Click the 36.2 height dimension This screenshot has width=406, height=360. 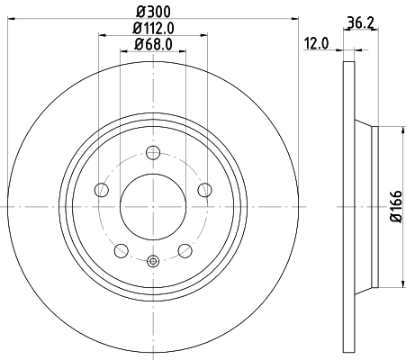pos(359,26)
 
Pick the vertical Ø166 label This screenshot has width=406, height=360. pos(394,207)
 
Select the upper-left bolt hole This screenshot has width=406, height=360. pos(101,189)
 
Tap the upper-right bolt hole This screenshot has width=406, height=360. pos(204,189)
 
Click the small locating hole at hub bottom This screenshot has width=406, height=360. pos(152,262)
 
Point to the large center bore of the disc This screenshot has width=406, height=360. pos(152,206)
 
